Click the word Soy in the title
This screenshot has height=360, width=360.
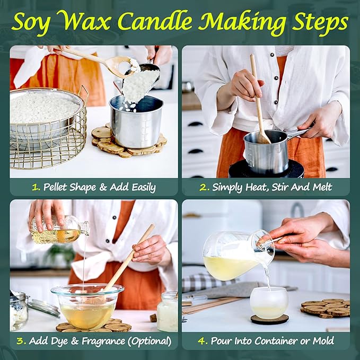[x=32, y=22]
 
